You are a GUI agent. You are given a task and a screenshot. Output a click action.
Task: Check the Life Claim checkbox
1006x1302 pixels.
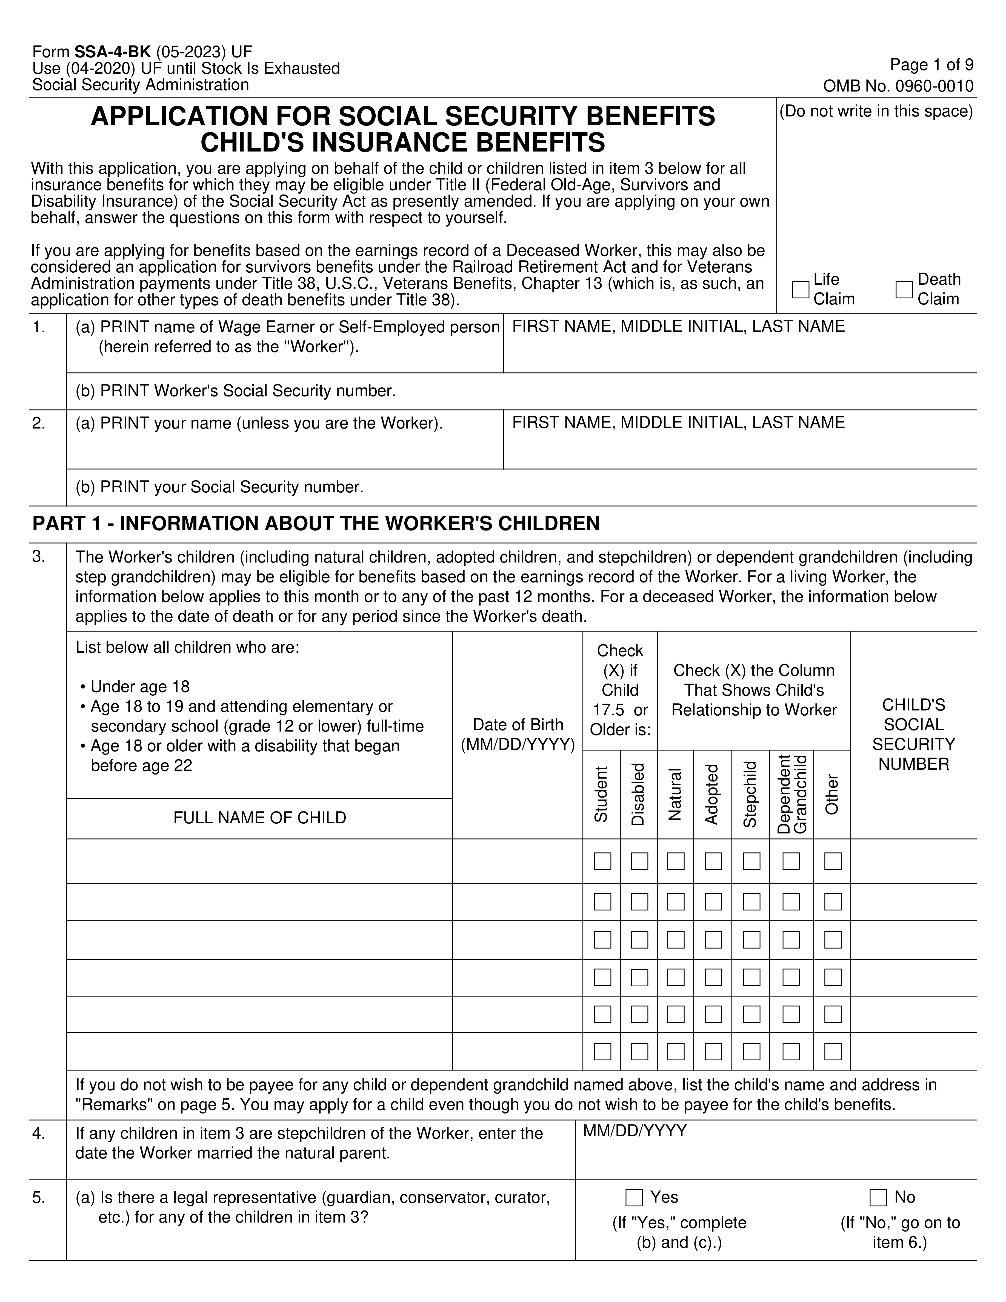tap(801, 290)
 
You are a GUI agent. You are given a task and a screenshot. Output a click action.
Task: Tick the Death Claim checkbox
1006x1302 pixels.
tap(904, 290)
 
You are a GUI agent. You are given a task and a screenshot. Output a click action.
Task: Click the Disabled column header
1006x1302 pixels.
tap(638, 794)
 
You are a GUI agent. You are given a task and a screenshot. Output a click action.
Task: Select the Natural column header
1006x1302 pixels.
tap(675, 794)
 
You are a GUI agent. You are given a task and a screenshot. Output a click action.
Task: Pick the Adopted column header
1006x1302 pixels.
tap(712, 794)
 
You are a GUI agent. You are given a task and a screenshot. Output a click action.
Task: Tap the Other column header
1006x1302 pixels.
tap(832, 794)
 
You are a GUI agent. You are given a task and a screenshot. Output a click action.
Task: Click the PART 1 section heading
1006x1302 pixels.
tap(316, 523)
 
